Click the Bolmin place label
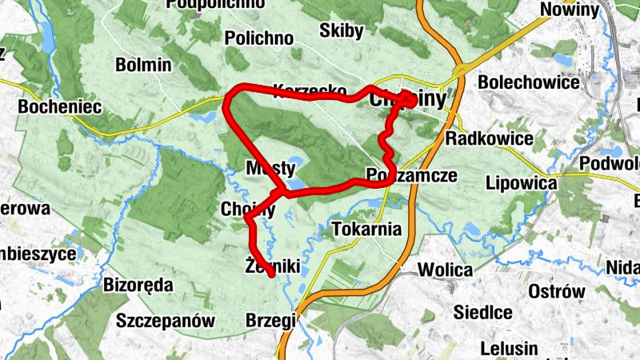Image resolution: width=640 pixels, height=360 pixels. coord(143,65)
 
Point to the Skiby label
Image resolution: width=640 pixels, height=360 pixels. coord(341,31)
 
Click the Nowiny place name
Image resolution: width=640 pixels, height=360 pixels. coord(570,10)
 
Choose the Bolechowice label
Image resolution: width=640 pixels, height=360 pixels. coord(528,82)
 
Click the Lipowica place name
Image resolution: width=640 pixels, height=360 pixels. coord(521,183)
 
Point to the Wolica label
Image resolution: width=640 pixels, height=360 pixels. coord(445,270)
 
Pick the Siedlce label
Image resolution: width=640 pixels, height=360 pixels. coord(482,311)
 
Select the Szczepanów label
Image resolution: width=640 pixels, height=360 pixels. coord(166,322)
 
